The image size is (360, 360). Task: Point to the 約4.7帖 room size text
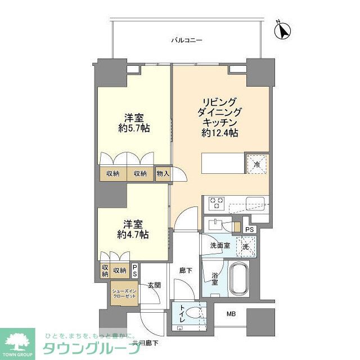[x=133, y=235]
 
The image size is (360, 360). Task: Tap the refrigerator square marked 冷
[x=257, y=165]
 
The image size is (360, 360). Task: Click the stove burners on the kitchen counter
[x=217, y=202]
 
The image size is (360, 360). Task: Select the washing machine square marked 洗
[x=246, y=246]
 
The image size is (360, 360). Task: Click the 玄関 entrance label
[x=154, y=285]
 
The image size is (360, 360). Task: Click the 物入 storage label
[x=163, y=174]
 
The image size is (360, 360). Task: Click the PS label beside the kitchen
[x=250, y=229]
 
